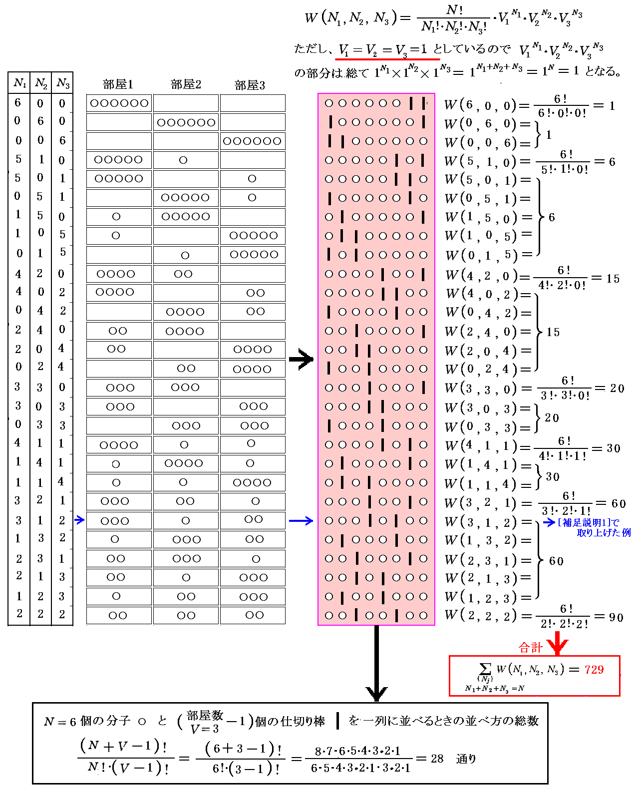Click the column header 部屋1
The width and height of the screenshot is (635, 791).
click(118, 84)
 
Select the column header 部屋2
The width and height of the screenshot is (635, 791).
click(186, 84)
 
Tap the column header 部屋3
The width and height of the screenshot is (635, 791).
click(250, 85)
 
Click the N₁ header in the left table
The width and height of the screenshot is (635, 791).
click(19, 83)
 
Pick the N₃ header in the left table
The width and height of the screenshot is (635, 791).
click(62, 83)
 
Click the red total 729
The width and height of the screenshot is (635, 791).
click(594, 670)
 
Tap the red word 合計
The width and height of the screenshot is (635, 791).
click(531, 648)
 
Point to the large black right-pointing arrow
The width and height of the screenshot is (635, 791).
click(301, 359)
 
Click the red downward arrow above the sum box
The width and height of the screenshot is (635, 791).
click(557, 643)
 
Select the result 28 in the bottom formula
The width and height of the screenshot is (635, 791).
click(437, 759)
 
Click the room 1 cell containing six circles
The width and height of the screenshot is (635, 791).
click(119, 103)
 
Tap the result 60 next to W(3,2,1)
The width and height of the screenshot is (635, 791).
click(619, 503)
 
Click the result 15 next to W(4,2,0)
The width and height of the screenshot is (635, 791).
click(613, 278)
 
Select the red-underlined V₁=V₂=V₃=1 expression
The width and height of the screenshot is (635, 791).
click(383, 49)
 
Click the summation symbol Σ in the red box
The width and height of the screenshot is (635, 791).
click(485, 669)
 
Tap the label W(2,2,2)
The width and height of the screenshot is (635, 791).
click(481, 616)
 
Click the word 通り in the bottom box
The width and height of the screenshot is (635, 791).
click(466, 759)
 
